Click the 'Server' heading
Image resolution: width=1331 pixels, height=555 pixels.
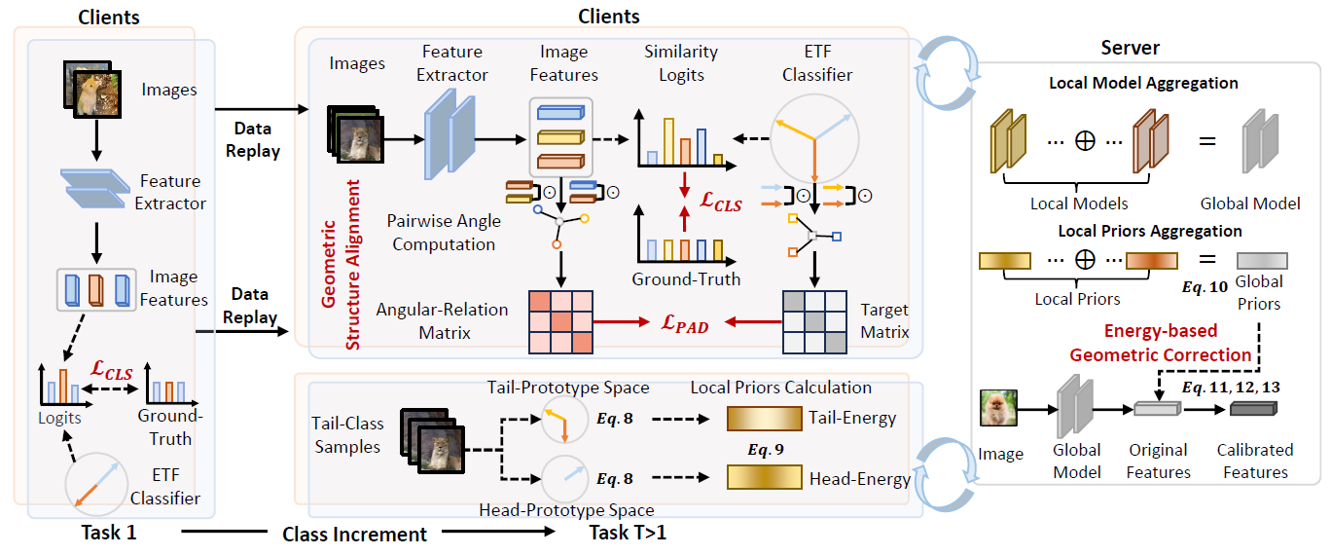[x=1130, y=48]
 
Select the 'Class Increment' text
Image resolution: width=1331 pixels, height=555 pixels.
[x=354, y=534]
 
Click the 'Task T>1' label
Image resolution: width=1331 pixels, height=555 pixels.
[x=629, y=533]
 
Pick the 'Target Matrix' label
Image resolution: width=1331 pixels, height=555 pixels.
[x=885, y=320]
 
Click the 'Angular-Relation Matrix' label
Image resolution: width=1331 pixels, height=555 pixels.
[x=444, y=320]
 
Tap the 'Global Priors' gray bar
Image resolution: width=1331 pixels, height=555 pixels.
[x=1261, y=261]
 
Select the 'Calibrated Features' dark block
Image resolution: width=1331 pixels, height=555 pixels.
[x=1255, y=409]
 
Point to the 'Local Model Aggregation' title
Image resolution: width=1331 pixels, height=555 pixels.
[x=1143, y=83]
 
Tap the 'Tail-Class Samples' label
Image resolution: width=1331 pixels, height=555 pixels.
[x=348, y=434]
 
